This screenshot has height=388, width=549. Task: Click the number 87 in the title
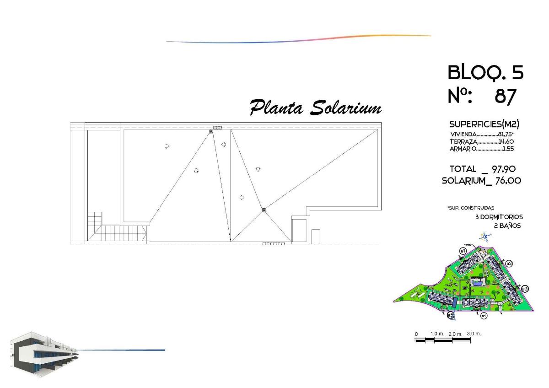click(506, 97)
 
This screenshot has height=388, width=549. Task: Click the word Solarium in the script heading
click(346, 108)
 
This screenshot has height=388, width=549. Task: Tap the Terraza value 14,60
click(506, 141)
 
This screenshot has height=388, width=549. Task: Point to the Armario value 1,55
click(508, 149)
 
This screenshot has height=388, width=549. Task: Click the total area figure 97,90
click(504, 169)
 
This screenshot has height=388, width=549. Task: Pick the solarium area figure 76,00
click(508, 181)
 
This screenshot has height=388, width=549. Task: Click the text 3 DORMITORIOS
click(499, 217)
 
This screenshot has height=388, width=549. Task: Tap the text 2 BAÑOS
click(507, 226)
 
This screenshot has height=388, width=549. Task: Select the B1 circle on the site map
click(463, 251)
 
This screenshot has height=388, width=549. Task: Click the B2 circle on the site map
click(509, 264)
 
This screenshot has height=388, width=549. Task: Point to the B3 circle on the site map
click(525, 289)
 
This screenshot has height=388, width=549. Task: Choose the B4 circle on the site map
click(484, 316)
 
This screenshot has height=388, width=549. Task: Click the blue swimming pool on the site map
click(477, 284)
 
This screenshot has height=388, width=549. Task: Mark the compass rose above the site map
click(485, 237)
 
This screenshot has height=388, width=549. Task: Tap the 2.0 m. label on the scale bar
click(455, 334)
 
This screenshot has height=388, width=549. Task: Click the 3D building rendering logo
click(44, 354)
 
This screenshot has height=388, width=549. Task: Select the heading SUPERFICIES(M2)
click(484, 124)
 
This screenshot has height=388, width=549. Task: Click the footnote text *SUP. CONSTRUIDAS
click(471, 208)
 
